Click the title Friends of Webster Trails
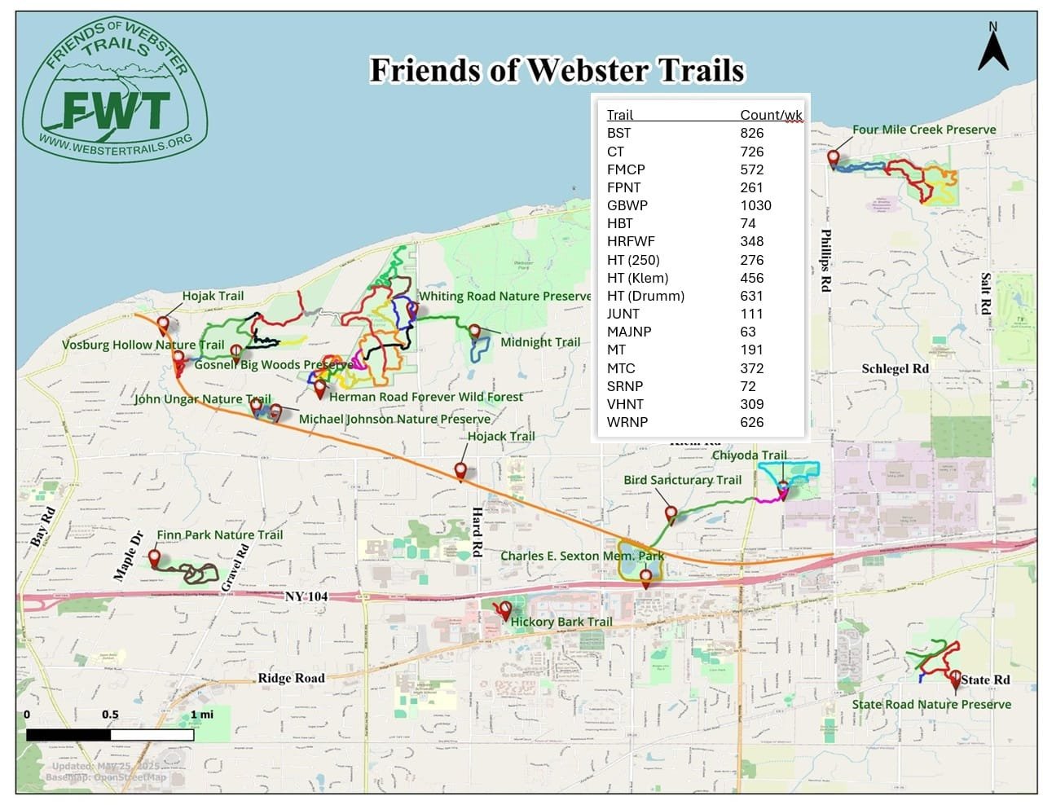click(557, 70)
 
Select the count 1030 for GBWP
click(755, 205)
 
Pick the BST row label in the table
click(618, 133)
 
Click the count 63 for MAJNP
click(748, 332)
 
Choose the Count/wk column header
click(771, 115)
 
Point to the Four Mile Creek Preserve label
click(924, 130)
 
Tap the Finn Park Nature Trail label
click(219, 535)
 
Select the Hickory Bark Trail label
click(561, 622)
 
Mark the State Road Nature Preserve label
click(931, 704)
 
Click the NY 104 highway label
click(306, 596)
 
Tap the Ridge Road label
click(291, 678)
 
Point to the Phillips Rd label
click(825, 261)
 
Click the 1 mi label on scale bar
click(201, 715)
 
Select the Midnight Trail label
click(540, 342)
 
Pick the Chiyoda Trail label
click(749, 455)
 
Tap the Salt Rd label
click(985, 294)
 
